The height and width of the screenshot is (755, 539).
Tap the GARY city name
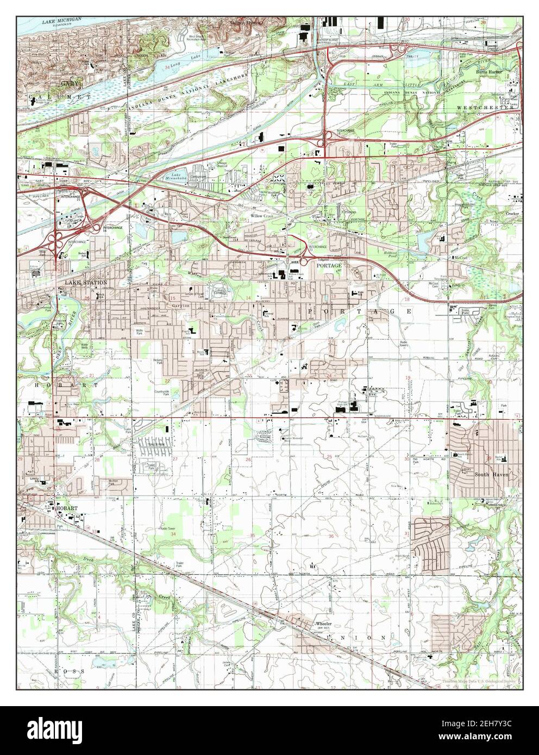(69, 83)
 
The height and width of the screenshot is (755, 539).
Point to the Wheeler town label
(323, 624)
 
